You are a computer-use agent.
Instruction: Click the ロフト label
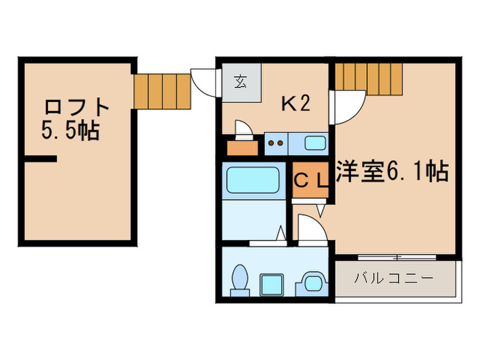click(77, 108)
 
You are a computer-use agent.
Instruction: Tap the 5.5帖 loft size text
click(71, 130)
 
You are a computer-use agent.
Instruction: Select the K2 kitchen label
click(297, 104)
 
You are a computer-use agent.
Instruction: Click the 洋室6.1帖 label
click(392, 171)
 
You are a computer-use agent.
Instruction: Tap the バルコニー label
click(394, 279)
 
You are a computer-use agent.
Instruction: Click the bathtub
click(253, 180)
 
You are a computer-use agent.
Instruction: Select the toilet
click(241, 280)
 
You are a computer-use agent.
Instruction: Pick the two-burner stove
click(276, 144)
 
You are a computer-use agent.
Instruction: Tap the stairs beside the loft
click(162, 91)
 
